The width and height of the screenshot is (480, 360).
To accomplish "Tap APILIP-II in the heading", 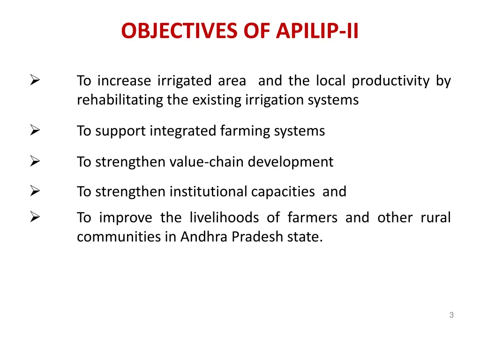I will click(317, 31).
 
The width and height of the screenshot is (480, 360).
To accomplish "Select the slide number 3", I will click(451, 315).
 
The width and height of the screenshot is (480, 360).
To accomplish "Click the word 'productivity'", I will click(390, 82).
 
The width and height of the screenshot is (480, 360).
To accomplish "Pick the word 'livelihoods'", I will click(224, 218).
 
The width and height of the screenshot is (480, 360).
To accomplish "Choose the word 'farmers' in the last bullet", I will click(312, 218).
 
